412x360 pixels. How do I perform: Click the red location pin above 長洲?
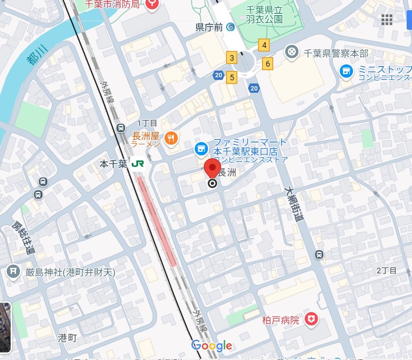click(x=212, y=170)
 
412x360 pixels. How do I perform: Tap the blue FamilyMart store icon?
click(x=201, y=148)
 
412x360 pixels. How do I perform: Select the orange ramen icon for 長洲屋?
click(x=171, y=138)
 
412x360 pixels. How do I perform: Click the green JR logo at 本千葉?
click(x=137, y=164)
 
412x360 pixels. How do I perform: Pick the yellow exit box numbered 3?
click(x=231, y=58)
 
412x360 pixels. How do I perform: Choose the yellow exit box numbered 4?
click(x=264, y=45)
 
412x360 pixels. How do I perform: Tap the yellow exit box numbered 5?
click(x=231, y=77)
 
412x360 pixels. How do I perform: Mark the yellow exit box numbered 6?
click(x=268, y=64)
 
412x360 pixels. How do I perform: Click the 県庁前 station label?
click(x=210, y=27)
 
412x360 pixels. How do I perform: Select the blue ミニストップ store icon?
click(x=346, y=71)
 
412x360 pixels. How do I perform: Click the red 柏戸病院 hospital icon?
click(x=313, y=319)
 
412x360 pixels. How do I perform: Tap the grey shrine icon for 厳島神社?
click(x=14, y=271)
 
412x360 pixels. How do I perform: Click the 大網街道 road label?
click(x=294, y=204)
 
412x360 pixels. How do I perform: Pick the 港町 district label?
click(x=67, y=337)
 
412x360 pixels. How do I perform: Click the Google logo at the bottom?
click(x=212, y=345)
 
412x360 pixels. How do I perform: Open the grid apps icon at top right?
click(x=387, y=19)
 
